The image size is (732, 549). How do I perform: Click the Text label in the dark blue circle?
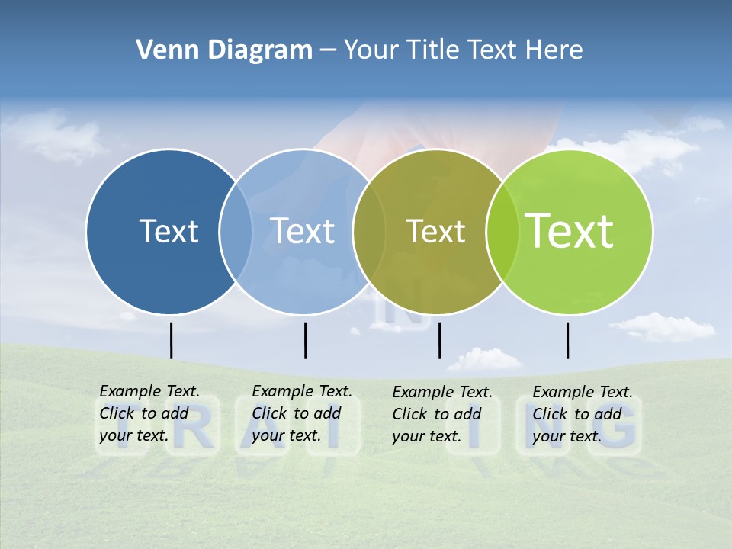[x=169, y=231]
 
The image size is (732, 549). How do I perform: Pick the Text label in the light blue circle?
[x=303, y=231]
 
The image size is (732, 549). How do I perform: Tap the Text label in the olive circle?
[x=435, y=231]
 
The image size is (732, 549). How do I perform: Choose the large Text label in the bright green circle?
[x=570, y=230]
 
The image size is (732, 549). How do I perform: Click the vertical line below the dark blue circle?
[x=171, y=340]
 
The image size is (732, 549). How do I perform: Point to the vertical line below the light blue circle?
[x=305, y=340]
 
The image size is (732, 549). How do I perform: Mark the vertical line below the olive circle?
[x=439, y=340]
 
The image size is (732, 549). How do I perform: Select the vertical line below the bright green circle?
[x=567, y=340]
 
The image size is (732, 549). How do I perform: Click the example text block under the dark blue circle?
[x=149, y=413]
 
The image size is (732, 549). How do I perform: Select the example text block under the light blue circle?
[x=302, y=413]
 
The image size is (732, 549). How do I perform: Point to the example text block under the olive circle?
[x=442, y=414]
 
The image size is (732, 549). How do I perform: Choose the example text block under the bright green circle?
[x=583, y=414]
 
